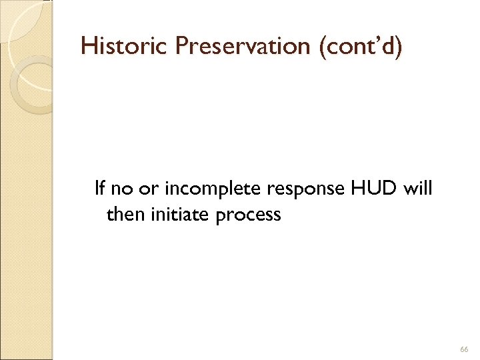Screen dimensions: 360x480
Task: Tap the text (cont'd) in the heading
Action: point(361,46)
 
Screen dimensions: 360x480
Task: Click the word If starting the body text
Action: point(100,189)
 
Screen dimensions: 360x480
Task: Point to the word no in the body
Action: point(121,189)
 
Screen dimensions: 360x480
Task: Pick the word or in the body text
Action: point(144,189)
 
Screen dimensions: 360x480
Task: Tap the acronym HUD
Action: point(367,189)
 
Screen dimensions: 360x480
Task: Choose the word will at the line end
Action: point(418,189)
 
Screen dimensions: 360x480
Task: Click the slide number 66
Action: point(464,350)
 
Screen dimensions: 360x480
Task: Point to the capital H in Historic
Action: point(87,46)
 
